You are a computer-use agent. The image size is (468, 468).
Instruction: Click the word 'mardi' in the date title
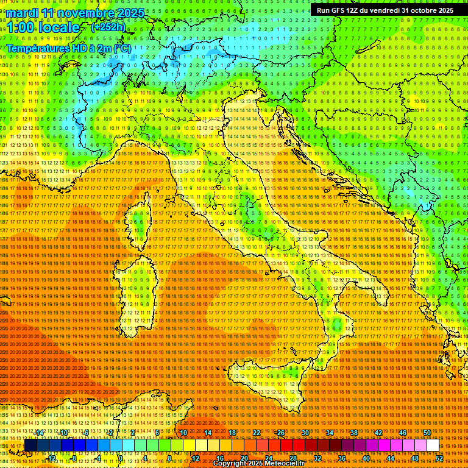coord(22,13)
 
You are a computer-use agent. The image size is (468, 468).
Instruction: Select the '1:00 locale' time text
coord(43,27)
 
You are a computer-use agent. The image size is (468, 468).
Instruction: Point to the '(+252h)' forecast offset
coord(108,27)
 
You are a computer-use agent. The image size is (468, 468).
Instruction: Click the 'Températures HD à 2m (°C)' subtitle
coord(69,48)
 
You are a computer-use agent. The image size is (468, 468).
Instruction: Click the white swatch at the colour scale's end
coord(433,445)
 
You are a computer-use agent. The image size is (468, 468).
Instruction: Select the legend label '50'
coord(427,433)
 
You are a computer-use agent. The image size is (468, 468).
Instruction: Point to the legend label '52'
coord(439,458)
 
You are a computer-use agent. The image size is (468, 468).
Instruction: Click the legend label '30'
coord(305,433)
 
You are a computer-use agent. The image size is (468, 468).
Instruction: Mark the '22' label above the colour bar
coord(257,433)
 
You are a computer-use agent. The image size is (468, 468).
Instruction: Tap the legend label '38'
coord(354,433)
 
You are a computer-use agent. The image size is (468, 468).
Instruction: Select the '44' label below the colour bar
coord(391,458)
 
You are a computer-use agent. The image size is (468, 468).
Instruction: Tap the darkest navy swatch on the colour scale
coord(30,445)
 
